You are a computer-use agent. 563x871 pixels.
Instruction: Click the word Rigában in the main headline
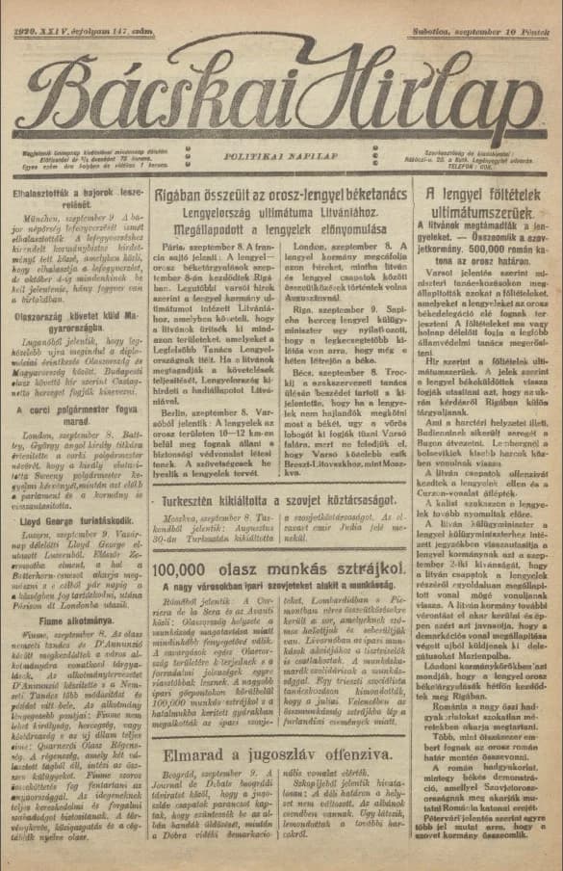pyautogui.click(x=185, y=197)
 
